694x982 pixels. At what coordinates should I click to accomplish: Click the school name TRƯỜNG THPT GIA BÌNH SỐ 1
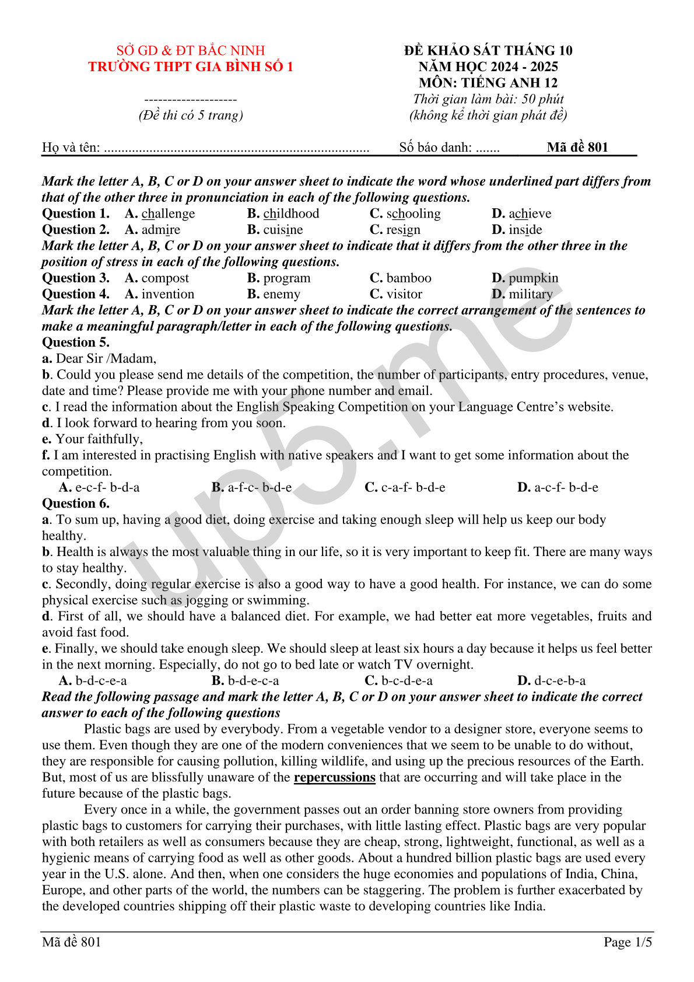coord(191,67)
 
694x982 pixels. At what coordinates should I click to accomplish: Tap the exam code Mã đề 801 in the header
coord(577,147)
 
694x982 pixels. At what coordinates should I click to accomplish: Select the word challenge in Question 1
coord(168,214)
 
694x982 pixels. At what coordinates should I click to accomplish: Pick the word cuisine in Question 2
coord(283,230)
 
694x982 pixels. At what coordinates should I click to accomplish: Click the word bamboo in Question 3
coord(409,278)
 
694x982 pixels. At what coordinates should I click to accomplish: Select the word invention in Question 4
coord(168,294)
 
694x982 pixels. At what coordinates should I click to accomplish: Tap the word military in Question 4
coord(530,294)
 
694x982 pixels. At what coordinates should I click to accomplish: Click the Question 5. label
coord(76,343)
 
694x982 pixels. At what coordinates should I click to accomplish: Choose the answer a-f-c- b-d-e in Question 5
coord(260,487)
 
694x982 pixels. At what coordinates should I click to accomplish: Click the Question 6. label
coord(76,504)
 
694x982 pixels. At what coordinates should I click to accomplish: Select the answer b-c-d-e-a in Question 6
coord(407,680)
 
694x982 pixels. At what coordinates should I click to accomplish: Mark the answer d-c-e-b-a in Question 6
coord(560,680)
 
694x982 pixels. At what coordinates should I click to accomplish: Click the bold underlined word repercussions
coord(334,777)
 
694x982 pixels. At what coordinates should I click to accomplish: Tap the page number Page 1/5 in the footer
coord(628,942)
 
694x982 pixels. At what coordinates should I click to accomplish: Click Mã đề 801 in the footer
coord(72,942)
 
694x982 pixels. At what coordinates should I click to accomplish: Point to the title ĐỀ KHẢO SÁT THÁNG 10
coord(488,51)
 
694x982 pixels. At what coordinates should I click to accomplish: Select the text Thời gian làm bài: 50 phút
coord(488,99)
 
